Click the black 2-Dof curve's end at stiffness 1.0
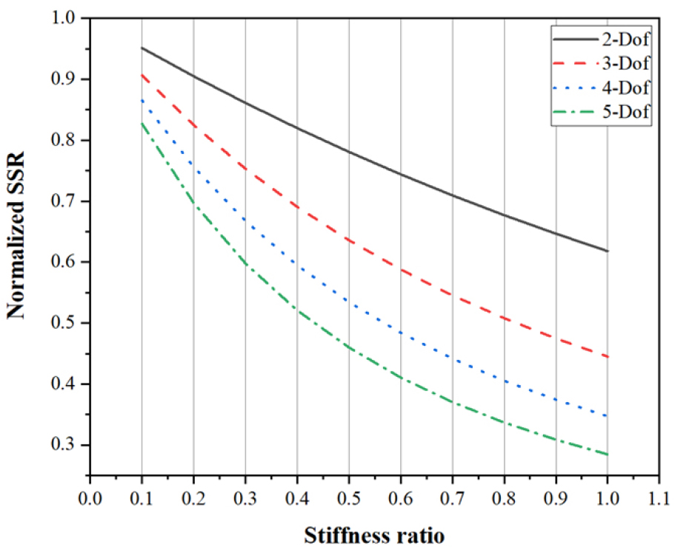coord(608,251)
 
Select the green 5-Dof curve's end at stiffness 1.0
coord(608,454)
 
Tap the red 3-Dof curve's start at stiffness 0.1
coord(142,74)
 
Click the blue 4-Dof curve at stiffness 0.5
coord(348,300)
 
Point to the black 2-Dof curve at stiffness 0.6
coord(400,175)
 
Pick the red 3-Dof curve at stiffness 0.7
coord(452,295)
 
